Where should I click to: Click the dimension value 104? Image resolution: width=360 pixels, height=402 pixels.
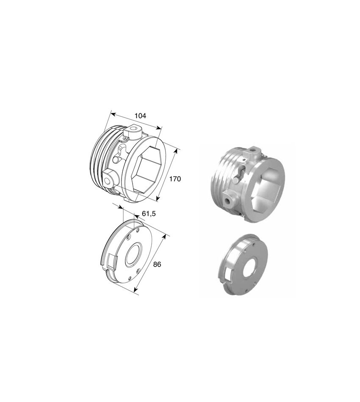[x=140, y=116]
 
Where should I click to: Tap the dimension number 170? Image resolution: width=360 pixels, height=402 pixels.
[x=175, y=179]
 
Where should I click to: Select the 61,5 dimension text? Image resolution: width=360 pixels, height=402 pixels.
[x=149, y=214]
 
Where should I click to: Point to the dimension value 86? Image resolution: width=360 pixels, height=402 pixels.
[x=157, y=264]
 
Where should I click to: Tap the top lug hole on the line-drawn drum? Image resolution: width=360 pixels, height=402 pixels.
[x=134, y=129]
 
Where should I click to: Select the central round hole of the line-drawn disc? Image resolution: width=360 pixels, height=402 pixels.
[x=133, y=255]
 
